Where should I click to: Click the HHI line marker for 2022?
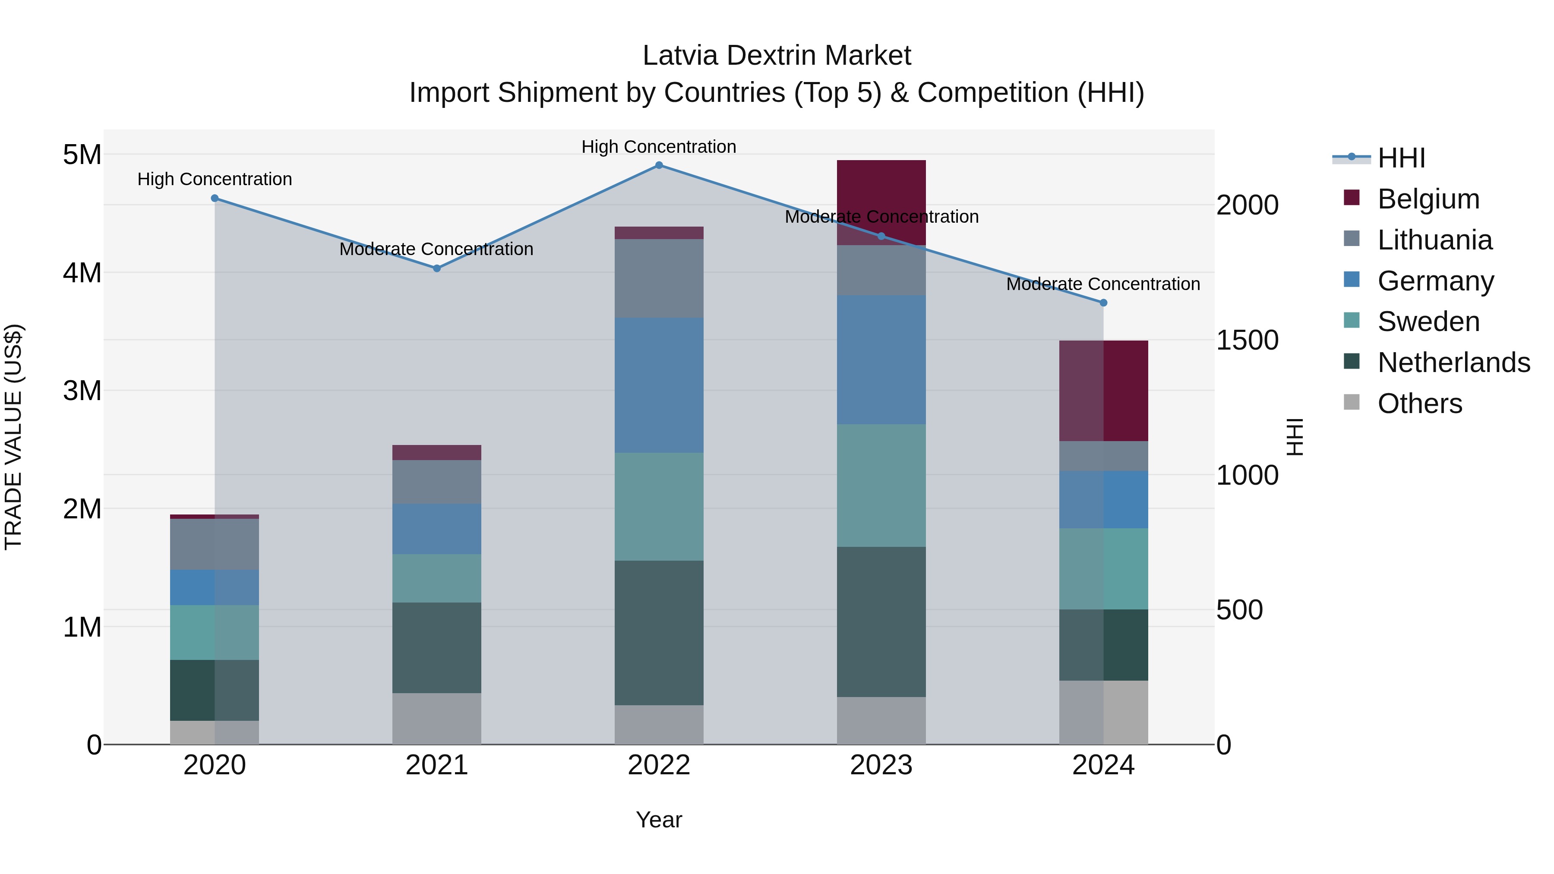(x=659, y=165)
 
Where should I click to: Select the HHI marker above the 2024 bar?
(x=1103, y=303)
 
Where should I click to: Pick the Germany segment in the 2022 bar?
(x=659, y=385)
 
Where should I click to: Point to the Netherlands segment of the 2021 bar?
(x=437, y=647)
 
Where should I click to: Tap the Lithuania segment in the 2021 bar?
(x=437, y=482)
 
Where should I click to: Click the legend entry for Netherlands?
(x=1453, y=363)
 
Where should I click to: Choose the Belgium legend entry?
(x=1428, y=199)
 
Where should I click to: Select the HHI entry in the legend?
(x=1401, y=158)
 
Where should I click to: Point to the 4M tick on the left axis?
(x=82, y=273)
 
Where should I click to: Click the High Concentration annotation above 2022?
(x=659, y=147)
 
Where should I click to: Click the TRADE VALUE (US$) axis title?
(x=13, y=437)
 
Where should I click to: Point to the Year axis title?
(x=659, y=820)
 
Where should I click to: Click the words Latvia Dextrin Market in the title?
(x=777, y=56)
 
